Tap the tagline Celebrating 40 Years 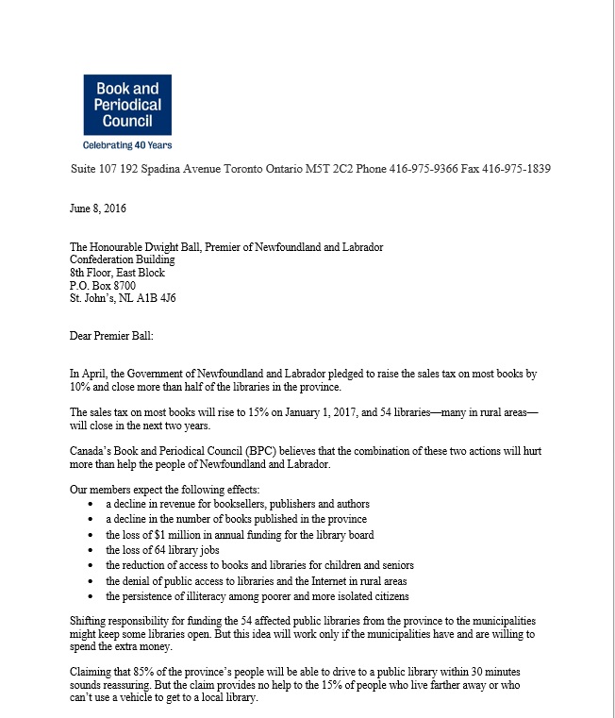tap(127, 145)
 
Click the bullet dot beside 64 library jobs tap(89, 550)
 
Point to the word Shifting tap(91, 620)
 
